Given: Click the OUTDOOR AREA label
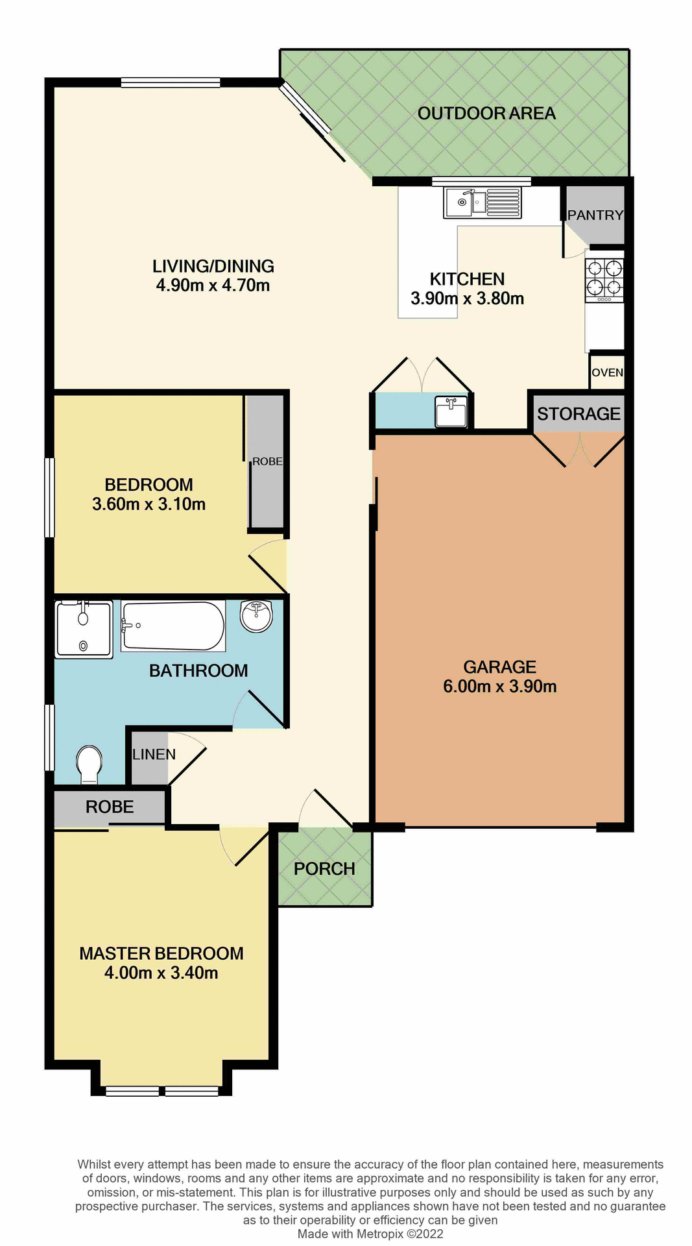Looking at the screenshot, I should point(486,114).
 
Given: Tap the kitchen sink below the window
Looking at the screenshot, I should point(483,202).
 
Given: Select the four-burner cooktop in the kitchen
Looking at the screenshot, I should point(604,279).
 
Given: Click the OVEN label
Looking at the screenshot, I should point(607,373).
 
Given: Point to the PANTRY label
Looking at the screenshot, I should point(595,215).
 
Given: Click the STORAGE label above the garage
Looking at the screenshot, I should point(579,413).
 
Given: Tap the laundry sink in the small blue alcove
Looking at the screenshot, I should point(451,412).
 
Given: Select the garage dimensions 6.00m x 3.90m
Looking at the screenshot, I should point(499,687).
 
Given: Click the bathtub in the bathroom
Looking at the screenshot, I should point(173,626).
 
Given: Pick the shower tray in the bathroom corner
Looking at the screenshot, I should point(84,629).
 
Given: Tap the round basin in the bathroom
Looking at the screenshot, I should point(257,615).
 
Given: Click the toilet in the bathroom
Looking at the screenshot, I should point(89,764).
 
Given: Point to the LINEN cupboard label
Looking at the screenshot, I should point(154,754).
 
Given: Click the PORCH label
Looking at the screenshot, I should point(324,868).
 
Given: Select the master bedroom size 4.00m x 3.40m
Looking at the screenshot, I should point(161,972).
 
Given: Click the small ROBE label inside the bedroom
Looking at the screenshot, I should point(267,461).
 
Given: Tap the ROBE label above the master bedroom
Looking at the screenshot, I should point(110,807).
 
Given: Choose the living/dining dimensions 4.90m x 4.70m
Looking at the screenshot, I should point(213,286).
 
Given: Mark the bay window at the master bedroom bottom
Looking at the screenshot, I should point(161,1091).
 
